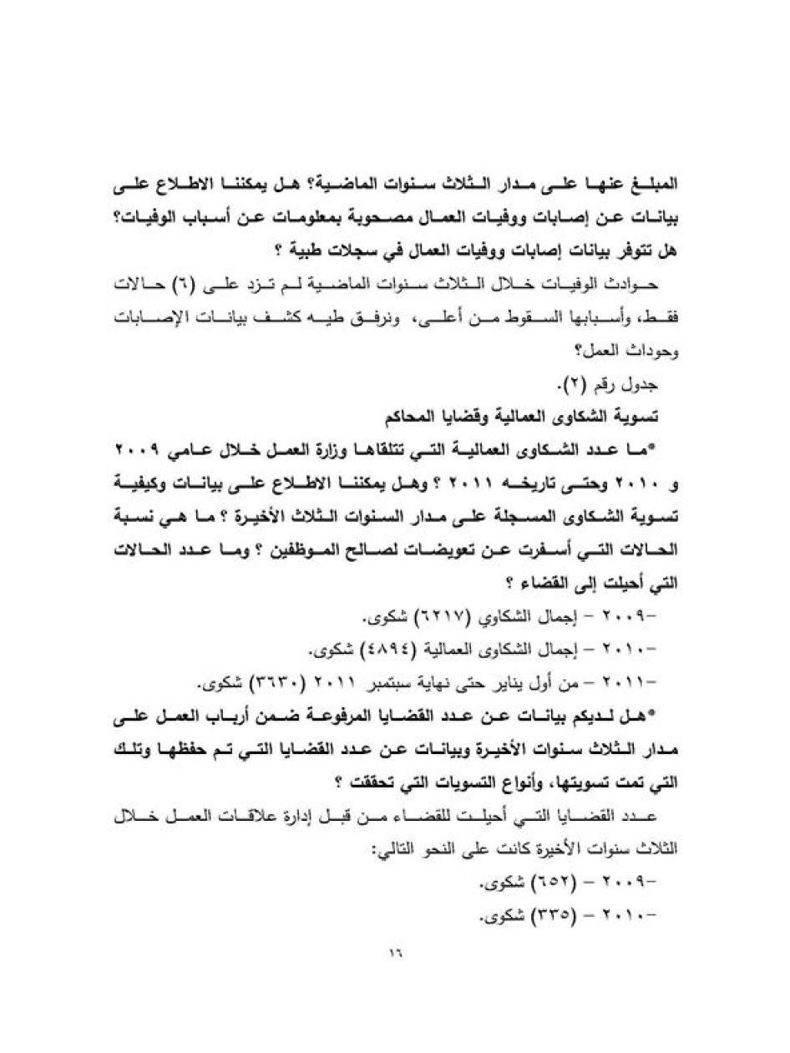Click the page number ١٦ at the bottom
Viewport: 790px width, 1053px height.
395,952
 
